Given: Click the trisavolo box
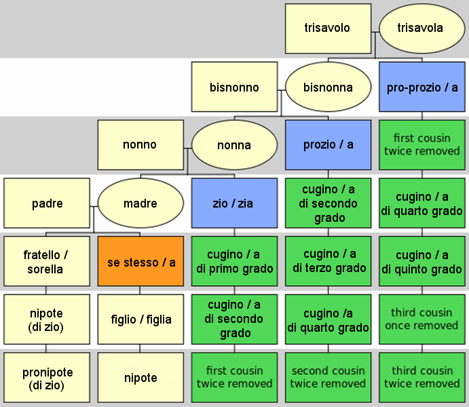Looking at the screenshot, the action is [328, 28].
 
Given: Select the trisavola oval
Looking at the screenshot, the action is [422, 28].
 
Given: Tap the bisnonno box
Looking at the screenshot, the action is [235, 87].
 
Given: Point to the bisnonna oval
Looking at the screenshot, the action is [328, 87].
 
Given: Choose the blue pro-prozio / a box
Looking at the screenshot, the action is [422, 87].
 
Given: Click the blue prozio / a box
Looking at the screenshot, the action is [328, 145].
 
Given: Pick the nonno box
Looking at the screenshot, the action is [140, 145].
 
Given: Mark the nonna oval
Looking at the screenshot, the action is [235, 145].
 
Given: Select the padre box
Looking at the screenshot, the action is [47, 203].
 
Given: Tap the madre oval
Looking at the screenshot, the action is [140, 203].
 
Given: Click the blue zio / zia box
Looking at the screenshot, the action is [235, 203].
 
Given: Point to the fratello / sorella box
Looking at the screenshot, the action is [47, 261].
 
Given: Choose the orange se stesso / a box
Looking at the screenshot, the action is [140, 261].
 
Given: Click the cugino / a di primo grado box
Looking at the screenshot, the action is [235, 261].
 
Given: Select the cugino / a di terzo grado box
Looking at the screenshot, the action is [328, 261].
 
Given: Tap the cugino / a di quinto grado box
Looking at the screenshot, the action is [422, 261].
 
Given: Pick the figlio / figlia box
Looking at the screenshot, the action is [140, 319].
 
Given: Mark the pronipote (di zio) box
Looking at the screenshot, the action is [47, 377].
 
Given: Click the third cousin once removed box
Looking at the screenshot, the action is [422, 319].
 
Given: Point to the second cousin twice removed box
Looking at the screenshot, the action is [328, 377].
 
